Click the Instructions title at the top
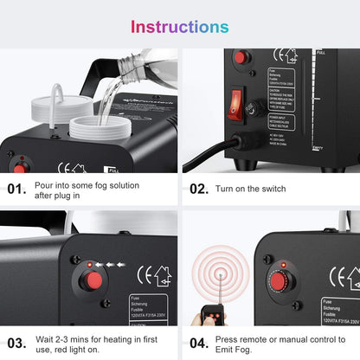pos(179,26)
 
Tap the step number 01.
pos(17,188)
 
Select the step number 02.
pos(199,188)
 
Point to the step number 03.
pos(17,343)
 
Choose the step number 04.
pos(199,343)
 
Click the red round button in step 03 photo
pos(90,280)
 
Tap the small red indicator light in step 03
pos(89,262)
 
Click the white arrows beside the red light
pos(108,263)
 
